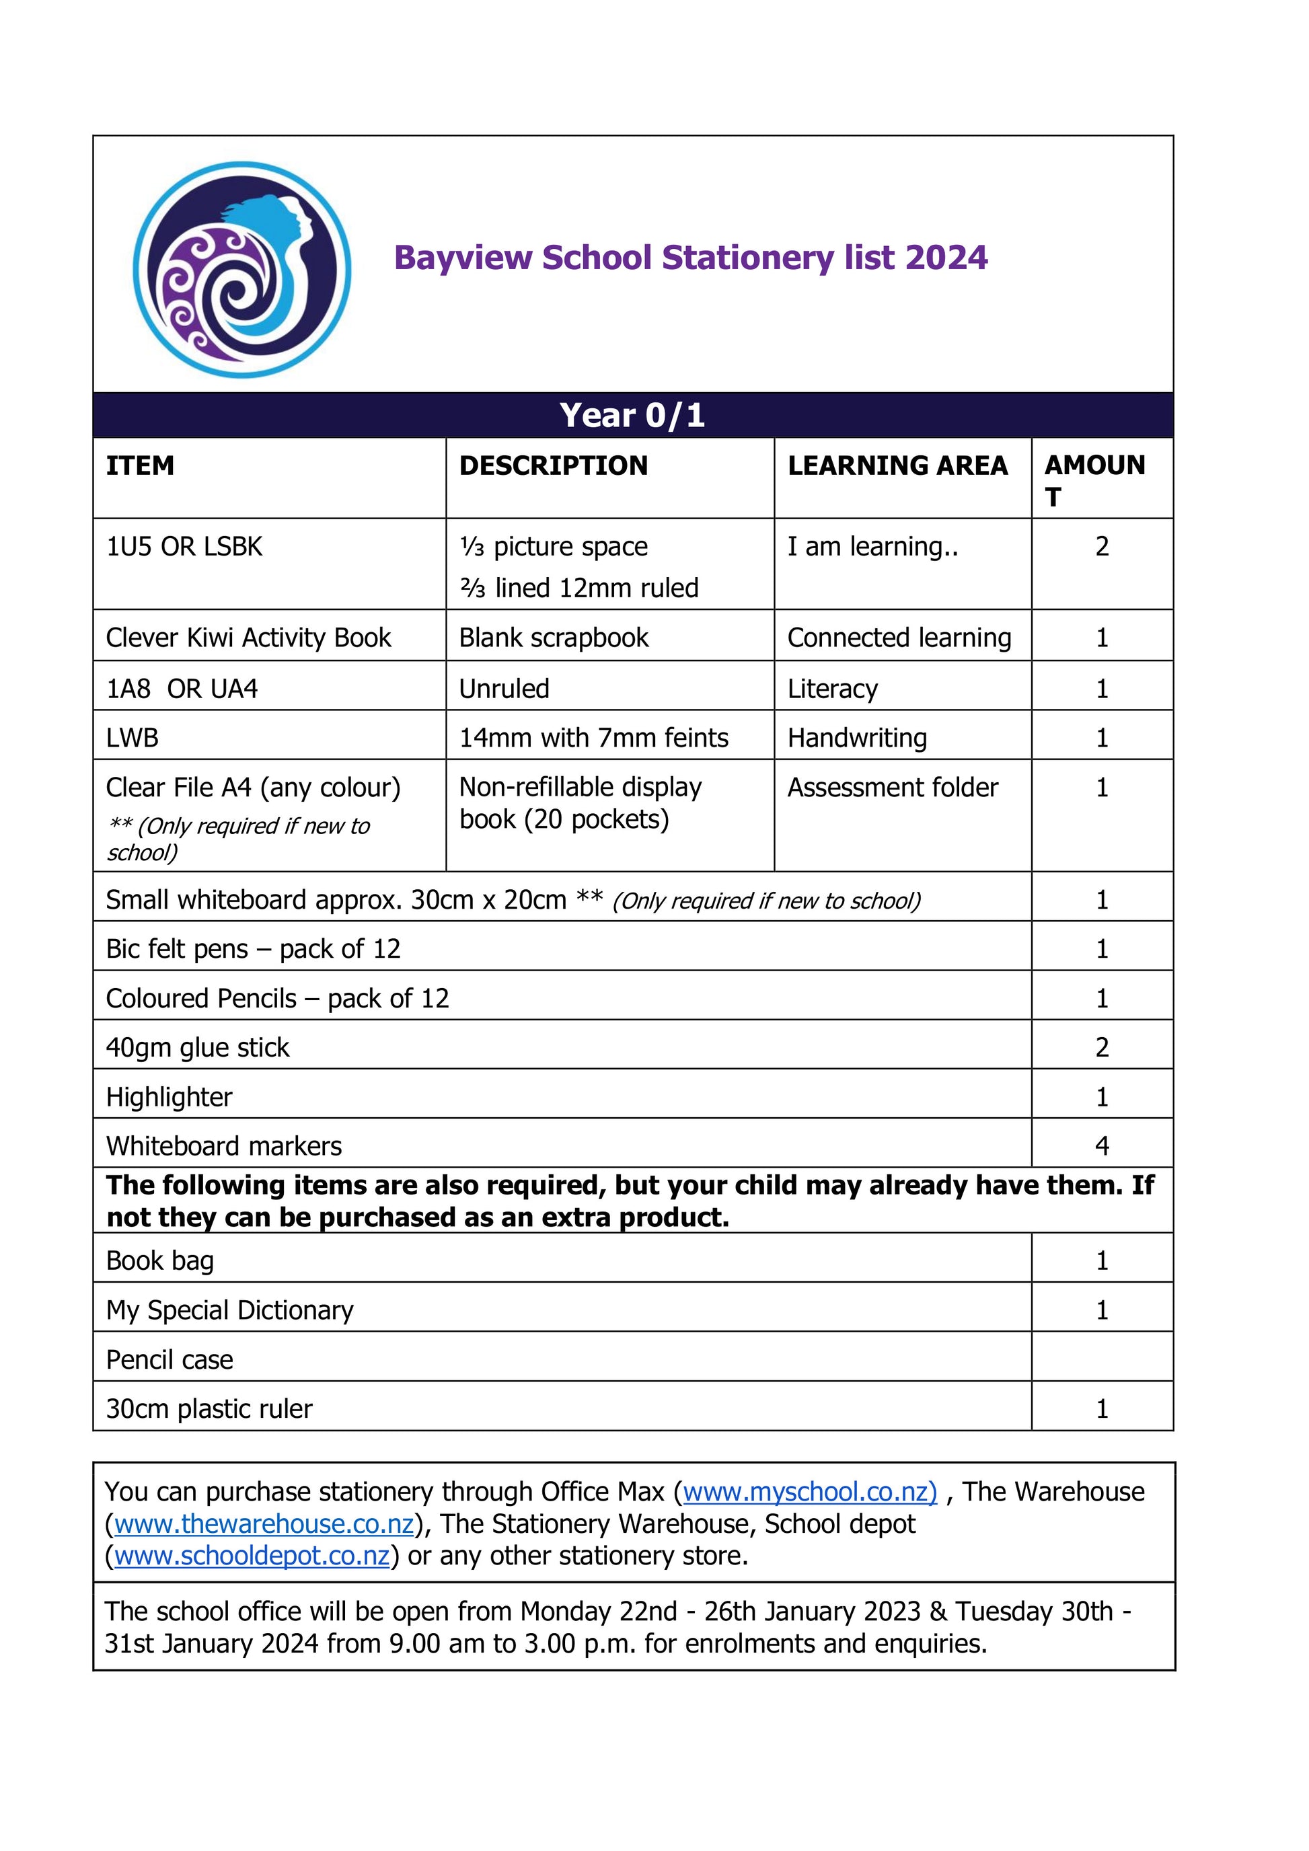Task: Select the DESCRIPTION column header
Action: [x=553, y=466]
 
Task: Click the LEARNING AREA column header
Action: [x=897, y=466]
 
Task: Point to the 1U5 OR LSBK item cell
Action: [x=184, y=547]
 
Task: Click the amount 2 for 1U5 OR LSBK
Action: [x=1102, y=547]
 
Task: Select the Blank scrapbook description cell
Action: [x=553, y=638]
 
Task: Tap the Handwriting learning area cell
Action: [x=857, y=738]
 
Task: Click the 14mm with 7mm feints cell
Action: [x=593, y=738]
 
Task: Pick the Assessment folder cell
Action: [x=892, y=788]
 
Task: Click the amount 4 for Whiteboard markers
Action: [x=1102, y=1145]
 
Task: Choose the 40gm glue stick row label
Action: [x=198, y=1047]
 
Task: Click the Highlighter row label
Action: [x=170, y=1096]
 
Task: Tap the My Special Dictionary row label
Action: [x=230, y=1310]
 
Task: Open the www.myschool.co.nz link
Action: [x=809, y=1493]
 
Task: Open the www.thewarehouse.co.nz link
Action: [x=264, y=1525]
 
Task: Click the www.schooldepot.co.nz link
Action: [x=252, y=1556]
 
